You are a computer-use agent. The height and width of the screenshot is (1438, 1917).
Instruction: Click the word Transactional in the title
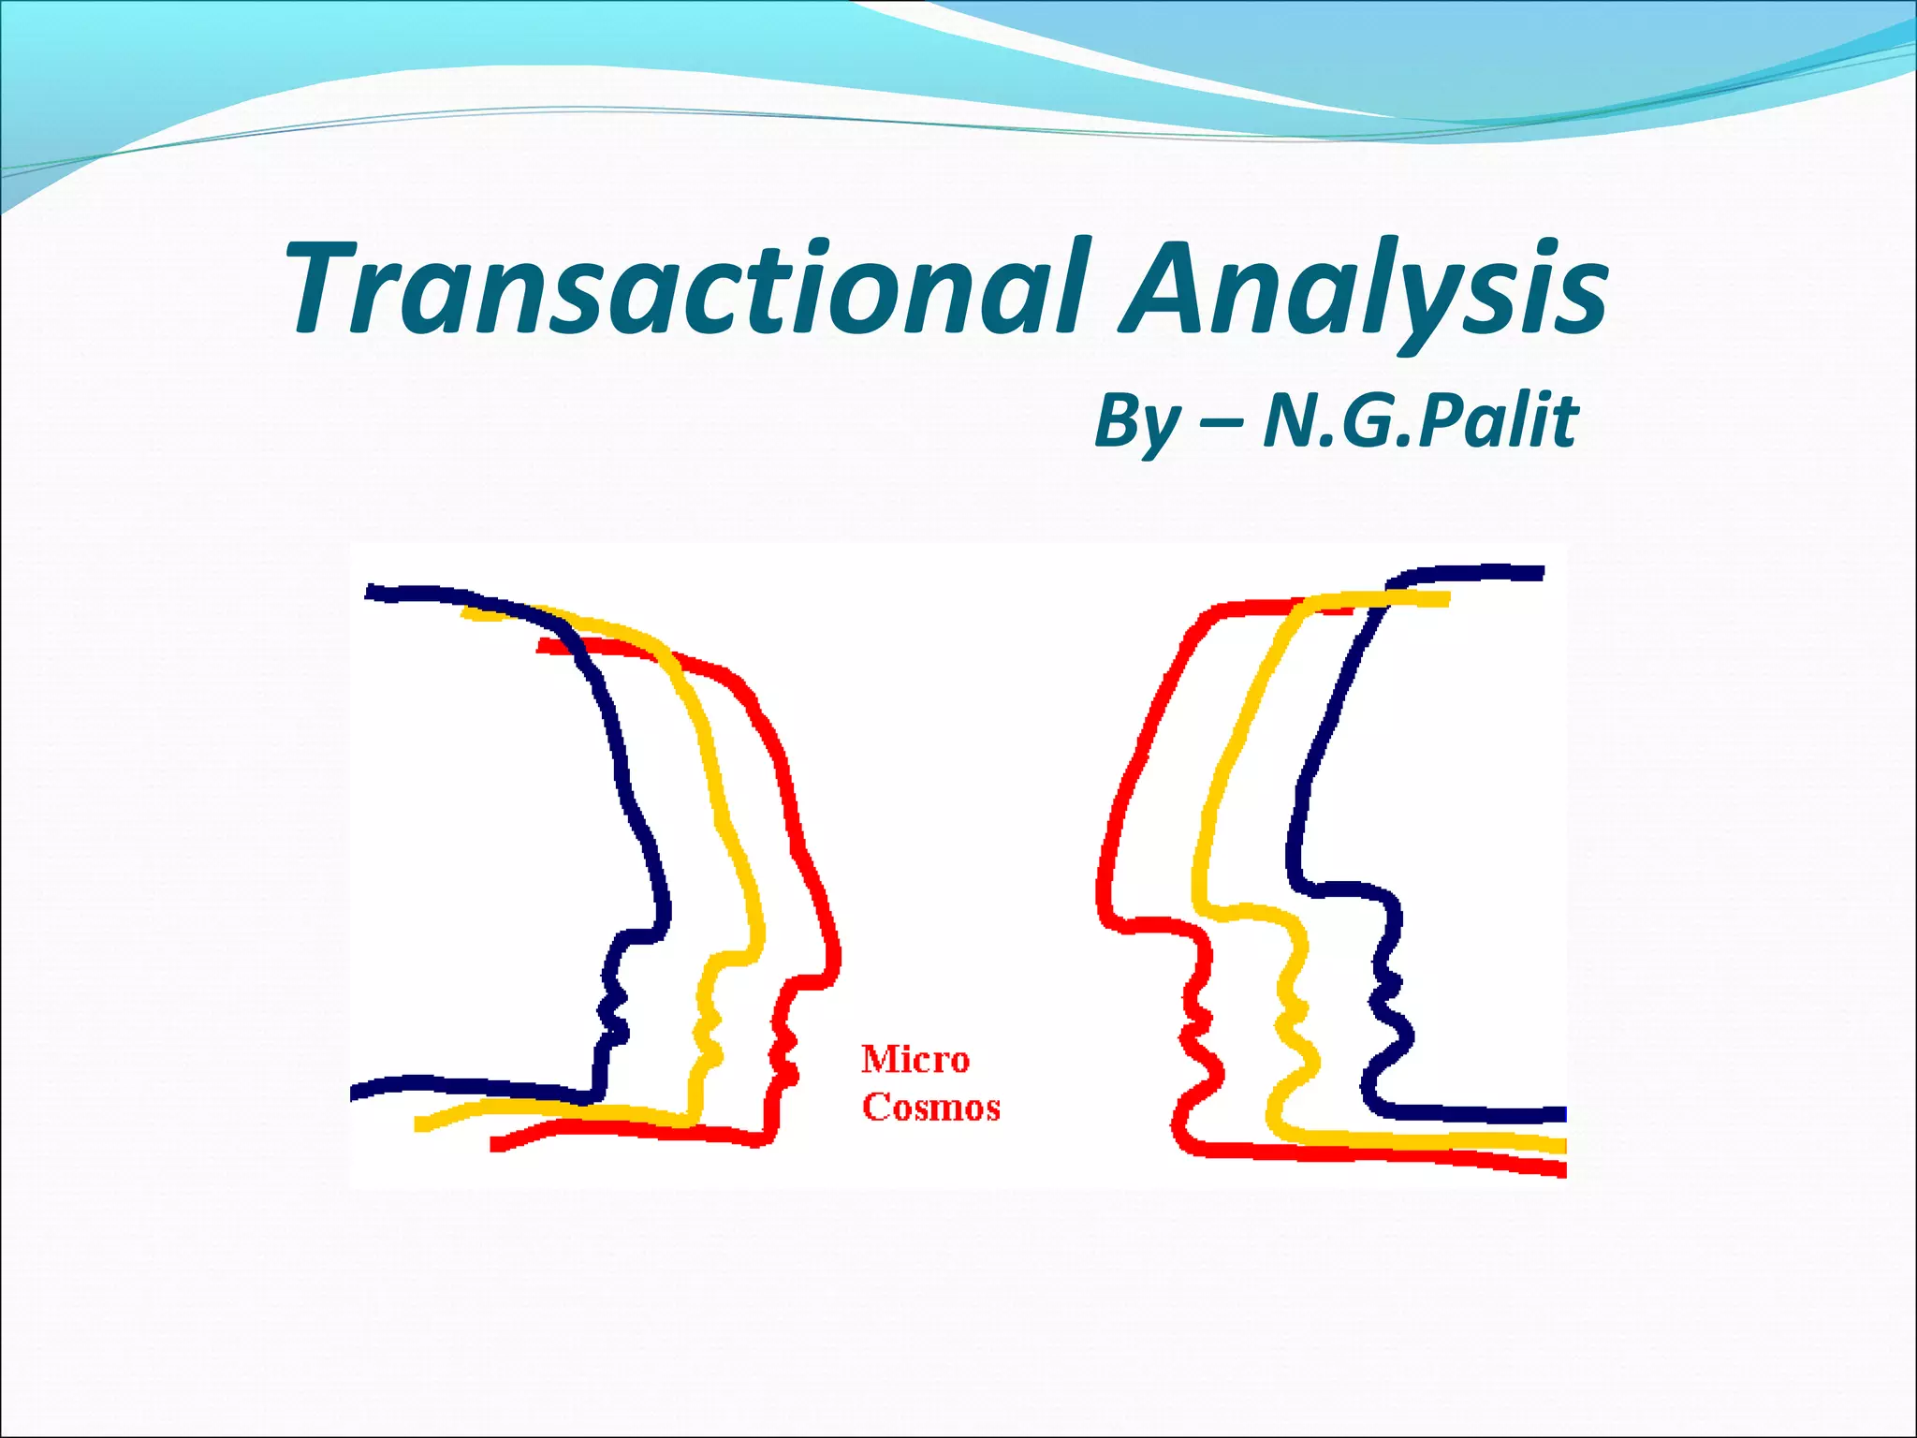tap(688, 288)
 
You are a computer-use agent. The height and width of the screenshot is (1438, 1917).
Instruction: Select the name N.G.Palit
tap(1421, 421)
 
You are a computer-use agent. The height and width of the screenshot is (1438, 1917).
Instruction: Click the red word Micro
tap(915, 1060)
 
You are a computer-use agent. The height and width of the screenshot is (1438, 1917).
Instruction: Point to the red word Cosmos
tap(930, 1108)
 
